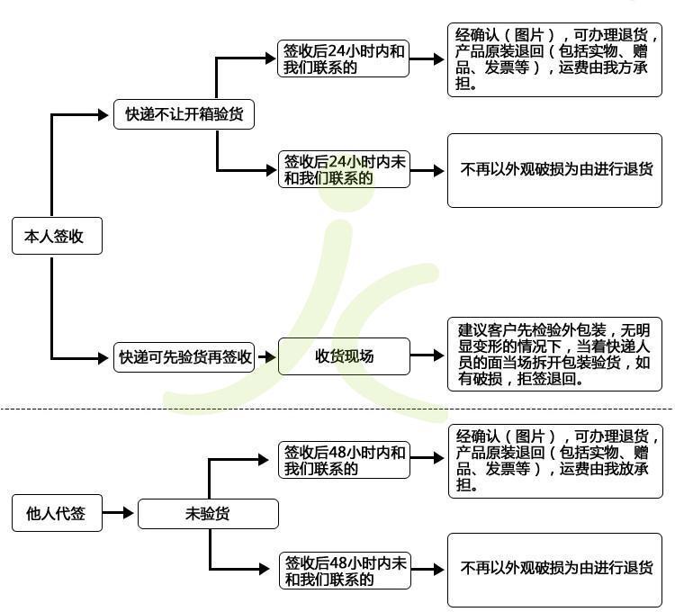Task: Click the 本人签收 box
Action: (57, 237)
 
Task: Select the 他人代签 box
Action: (57, 514)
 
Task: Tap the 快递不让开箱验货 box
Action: (184, 115)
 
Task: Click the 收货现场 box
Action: (344, 356)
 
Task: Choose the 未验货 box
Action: (207, 514)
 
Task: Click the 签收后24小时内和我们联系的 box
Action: (344, 59)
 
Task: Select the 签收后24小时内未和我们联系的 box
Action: (344, 169)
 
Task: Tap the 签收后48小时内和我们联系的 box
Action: (344, 460)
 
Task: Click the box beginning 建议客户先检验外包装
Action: (554, 355)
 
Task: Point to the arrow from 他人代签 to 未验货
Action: (119, 514)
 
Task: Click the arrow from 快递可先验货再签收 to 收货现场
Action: (265, 356)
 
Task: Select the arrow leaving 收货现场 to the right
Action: (427, 356)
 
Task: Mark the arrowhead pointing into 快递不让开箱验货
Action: (102, 115)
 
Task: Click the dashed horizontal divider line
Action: (337, 409)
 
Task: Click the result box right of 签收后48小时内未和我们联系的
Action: (554, 569)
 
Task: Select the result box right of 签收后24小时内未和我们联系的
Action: (554, 169)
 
